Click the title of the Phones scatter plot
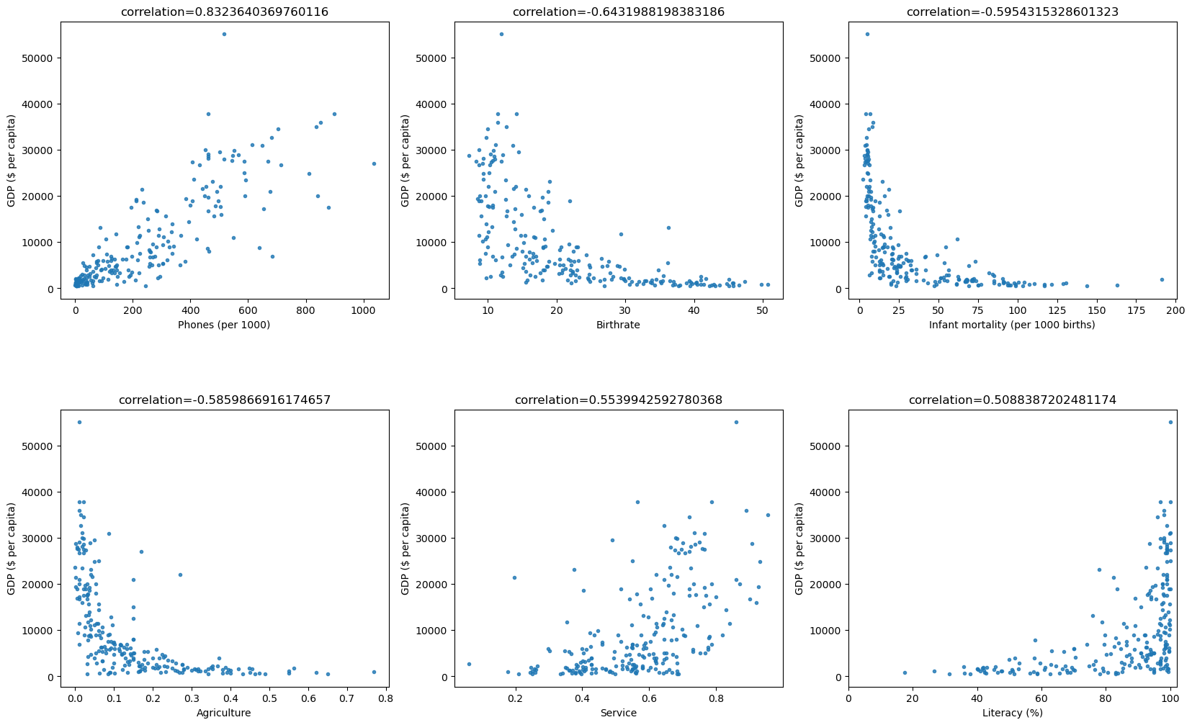point(225,12)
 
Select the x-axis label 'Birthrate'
point(618,325)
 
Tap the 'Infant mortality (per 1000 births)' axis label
point(1012,325)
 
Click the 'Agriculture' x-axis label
point(224,713)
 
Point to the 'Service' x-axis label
point(619,713)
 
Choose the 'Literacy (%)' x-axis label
point(1012,713)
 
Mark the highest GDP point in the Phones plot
point(224,34)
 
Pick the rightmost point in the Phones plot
point(374,163)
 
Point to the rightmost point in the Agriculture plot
point(374,672)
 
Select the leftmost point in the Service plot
point(469,664)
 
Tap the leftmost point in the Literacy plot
point(905,672)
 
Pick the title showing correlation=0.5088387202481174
point(1012,400)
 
